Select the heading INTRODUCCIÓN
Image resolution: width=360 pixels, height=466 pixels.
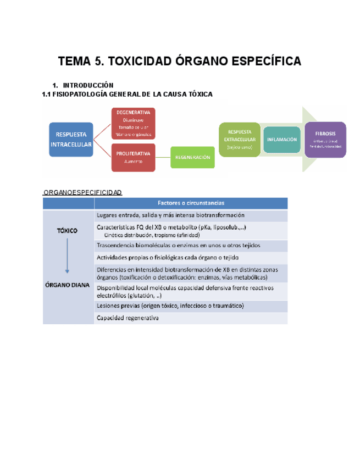click(x=88, y=86)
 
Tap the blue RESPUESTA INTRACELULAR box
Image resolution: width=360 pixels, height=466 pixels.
click(x=71, y=139)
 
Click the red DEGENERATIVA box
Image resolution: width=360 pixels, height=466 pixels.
click(x=133, y=123)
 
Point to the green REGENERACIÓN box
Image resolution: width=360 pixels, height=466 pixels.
click(x=192, y=157)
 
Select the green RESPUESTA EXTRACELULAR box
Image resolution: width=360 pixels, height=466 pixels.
click(x=240, y=139)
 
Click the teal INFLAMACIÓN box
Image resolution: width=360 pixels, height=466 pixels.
click(x=282, y=139)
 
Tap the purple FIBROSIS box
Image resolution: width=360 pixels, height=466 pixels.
click(x=325, y=139)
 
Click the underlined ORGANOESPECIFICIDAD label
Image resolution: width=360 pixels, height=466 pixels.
click(x=83, y=192)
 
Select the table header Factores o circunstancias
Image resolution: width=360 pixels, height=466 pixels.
click(x=191, y=203)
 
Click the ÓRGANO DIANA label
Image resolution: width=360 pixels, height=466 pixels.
click(x=68, y=284)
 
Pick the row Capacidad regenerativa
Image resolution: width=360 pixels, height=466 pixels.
click(x=191, y=318)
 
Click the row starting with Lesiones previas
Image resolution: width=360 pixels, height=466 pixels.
click(x=191, y=306)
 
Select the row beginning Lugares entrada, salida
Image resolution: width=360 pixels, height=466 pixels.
click(x=191, y=215)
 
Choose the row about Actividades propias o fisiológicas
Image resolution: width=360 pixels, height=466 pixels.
click(x=191, y=257)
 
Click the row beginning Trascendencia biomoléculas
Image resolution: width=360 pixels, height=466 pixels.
click(x=191, y=245)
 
